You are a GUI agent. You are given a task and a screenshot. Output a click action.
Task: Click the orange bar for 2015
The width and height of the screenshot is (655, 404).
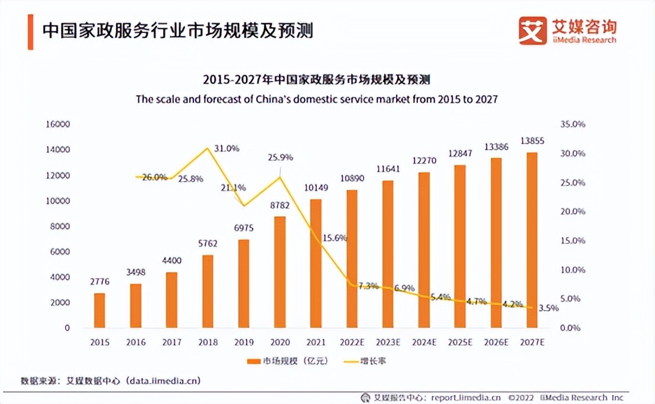(x=99, y=310)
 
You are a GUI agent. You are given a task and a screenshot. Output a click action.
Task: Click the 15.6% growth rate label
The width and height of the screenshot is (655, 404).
(x=335, y=238)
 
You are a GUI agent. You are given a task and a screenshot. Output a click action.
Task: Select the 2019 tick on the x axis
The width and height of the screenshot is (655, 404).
(x=244, y=343)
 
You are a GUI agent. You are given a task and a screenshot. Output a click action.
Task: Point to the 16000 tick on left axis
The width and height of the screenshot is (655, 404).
(x=58, y=125)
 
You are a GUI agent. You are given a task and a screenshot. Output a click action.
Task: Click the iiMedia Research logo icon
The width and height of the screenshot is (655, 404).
(x=533, y=31)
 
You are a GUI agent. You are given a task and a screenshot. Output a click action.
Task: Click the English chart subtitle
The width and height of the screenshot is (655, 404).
(x=317, y=99)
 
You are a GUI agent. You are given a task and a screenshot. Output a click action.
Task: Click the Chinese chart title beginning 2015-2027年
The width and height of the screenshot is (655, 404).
(x=316, y=80)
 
